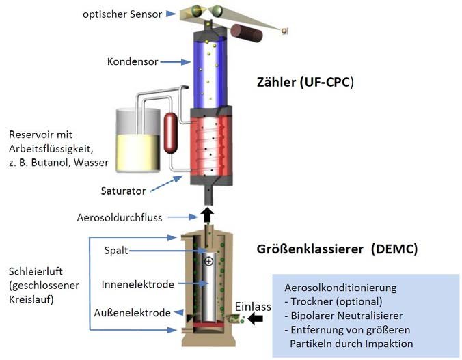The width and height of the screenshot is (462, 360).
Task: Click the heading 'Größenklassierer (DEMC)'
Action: (x=336, y=249)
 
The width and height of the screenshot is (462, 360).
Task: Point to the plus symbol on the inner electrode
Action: (x=208, y=261)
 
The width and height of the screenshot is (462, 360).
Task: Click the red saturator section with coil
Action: (x=206, y=148)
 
